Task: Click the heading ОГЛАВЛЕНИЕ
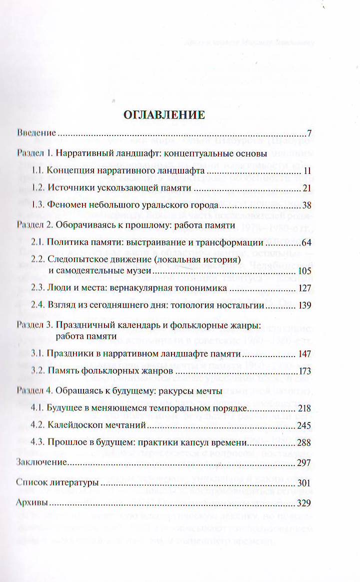pyautogui.click(x=164, y=114)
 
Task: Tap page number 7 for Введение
pyautogui.click(x=309, y=133)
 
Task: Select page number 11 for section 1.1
pyautogui.click(x=307, y=171)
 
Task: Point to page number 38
pyautogui.click(x=306, y=204)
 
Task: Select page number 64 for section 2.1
pyautogui.click(x=306, y=242)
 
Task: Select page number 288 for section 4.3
pyautogui.click(x=304, y=442)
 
